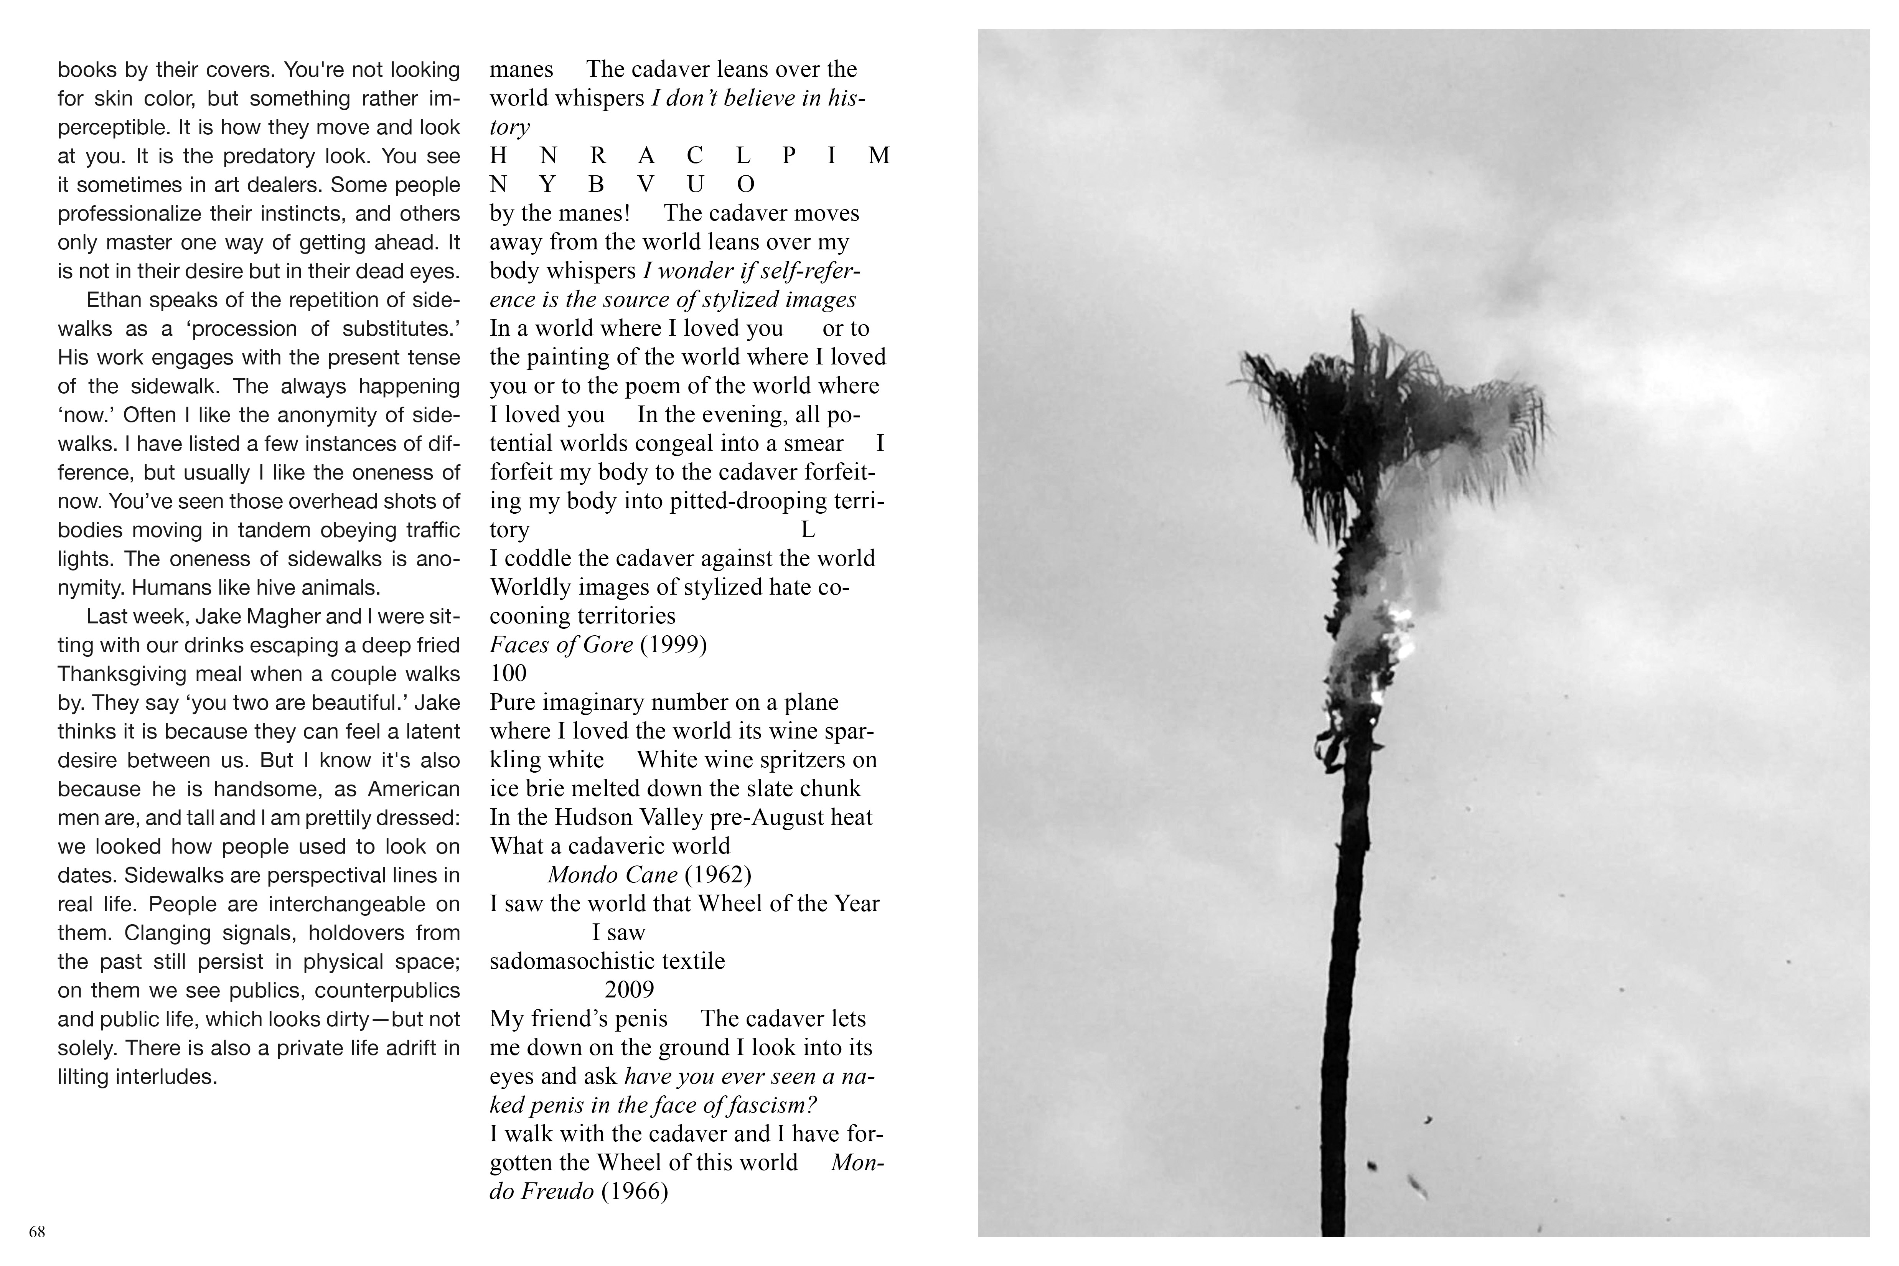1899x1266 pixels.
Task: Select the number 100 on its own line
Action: [x=508, y=673]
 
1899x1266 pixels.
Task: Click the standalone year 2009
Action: [x=629, y=990]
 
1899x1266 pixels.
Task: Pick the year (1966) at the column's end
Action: [x=635, y=1192]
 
